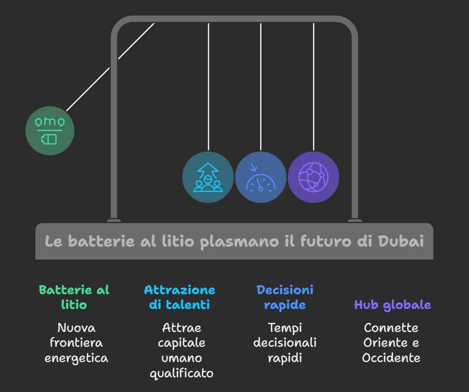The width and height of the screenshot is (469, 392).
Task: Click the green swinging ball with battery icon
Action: click(50, 131)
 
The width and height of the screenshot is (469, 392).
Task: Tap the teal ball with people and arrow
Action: click(208, 177)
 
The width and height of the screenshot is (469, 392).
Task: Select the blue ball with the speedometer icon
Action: click(261, 177)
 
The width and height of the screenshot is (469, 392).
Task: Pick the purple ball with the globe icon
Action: click(313, 177)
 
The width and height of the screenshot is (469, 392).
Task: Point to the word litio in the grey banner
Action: click(178, 241)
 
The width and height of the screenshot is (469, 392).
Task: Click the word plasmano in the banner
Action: click(239, 242)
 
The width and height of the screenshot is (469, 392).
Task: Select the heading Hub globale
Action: click(392, 305)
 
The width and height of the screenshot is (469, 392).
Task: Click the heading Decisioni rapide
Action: click(285, 297)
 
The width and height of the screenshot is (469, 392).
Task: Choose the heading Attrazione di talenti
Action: click(179, 297)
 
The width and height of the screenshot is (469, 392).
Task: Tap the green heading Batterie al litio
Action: click(74, 297)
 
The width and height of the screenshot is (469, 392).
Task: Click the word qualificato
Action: click(182, 374)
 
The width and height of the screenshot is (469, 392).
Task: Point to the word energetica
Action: click(76, 358)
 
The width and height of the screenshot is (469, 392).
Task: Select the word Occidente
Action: click(391, 358)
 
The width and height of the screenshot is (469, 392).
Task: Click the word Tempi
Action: click(285, 328)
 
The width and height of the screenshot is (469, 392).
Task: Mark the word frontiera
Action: click(76, 343)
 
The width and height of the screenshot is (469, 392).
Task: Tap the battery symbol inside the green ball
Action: click(49, 139)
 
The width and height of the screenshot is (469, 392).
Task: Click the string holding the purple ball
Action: click(313, 87)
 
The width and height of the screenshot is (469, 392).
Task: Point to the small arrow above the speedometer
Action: click(253, 167)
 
